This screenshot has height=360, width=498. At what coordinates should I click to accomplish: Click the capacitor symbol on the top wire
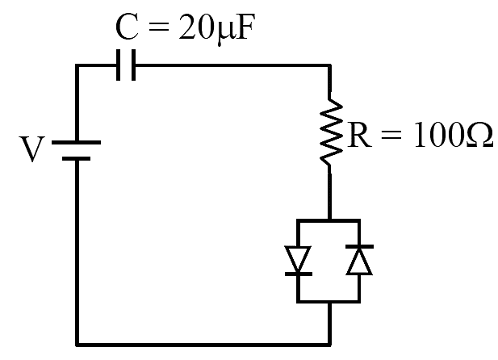126,65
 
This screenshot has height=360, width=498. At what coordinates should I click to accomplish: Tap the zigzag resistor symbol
331,132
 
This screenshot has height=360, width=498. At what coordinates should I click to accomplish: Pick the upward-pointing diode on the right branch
359,259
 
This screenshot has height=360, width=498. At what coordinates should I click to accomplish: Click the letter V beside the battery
32,149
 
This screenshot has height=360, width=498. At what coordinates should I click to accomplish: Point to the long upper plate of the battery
76,143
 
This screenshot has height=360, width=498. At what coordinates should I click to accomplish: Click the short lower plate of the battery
76,158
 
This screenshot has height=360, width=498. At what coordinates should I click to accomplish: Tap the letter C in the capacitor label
127,27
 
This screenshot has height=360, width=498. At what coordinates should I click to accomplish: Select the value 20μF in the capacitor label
217,28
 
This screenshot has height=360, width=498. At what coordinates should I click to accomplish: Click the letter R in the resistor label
359,135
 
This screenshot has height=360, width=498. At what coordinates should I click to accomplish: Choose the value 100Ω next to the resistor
454,135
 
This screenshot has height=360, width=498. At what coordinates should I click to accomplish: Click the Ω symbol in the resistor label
480,135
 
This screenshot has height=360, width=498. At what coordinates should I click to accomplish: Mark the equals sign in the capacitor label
158,27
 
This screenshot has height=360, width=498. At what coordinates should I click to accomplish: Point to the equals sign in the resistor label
391,136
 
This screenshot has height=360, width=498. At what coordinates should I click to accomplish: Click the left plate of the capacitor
118,65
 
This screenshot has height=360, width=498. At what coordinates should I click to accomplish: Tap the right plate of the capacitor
133,65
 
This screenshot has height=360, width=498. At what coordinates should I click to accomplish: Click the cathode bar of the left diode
299,274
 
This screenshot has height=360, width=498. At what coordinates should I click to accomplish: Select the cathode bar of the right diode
359,246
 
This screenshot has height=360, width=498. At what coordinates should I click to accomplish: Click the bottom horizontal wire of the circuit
203,344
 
